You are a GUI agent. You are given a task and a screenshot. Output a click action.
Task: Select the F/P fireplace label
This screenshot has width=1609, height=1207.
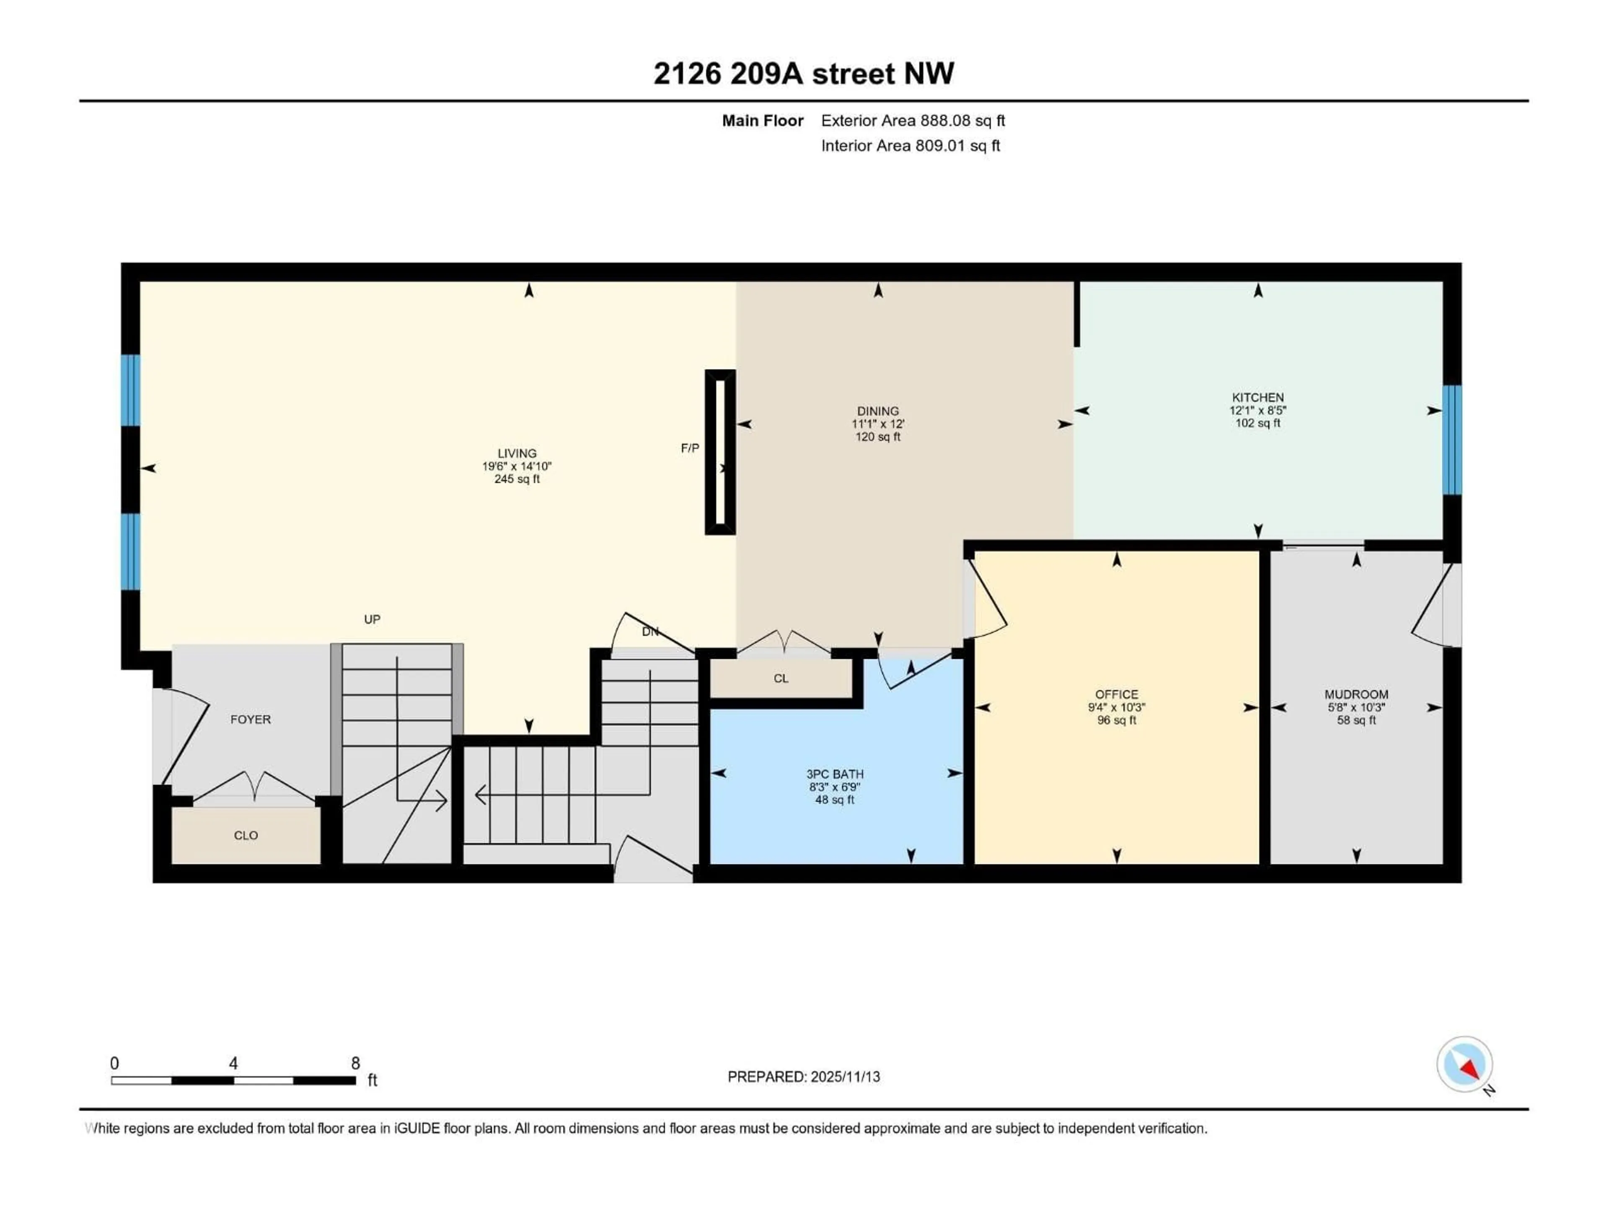(x=690, y=448)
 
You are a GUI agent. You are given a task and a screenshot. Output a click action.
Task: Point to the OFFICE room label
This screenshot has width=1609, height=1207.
(x=1117, y=694)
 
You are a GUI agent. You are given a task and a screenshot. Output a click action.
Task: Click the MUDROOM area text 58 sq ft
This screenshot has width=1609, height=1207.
(x=1356, y=720)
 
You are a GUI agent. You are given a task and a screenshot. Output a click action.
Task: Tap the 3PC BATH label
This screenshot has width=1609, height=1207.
(x=834, y=774)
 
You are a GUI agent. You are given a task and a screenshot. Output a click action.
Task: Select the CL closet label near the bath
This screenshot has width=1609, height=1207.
(x=781, y=678)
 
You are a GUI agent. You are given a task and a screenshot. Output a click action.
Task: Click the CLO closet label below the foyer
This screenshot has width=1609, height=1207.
(x=246, y=835)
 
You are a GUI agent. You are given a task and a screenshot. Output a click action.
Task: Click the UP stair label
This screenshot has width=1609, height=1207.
(x=372, y=619)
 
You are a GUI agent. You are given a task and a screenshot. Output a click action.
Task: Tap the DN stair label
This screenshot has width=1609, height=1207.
(x=649, y=632)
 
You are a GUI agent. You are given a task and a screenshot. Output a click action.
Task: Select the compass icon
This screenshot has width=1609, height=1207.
(x=1464, y=1065)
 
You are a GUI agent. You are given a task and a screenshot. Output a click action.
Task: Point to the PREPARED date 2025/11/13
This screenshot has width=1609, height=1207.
(x=804, y=1077)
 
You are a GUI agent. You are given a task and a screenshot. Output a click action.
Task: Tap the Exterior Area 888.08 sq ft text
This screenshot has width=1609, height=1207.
(x=913, y=121)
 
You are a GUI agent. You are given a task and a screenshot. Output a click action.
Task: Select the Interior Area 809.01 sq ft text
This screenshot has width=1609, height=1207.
(x=910, y=145)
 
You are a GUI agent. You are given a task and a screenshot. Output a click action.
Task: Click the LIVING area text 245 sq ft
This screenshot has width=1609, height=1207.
(x=517, y=479)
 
